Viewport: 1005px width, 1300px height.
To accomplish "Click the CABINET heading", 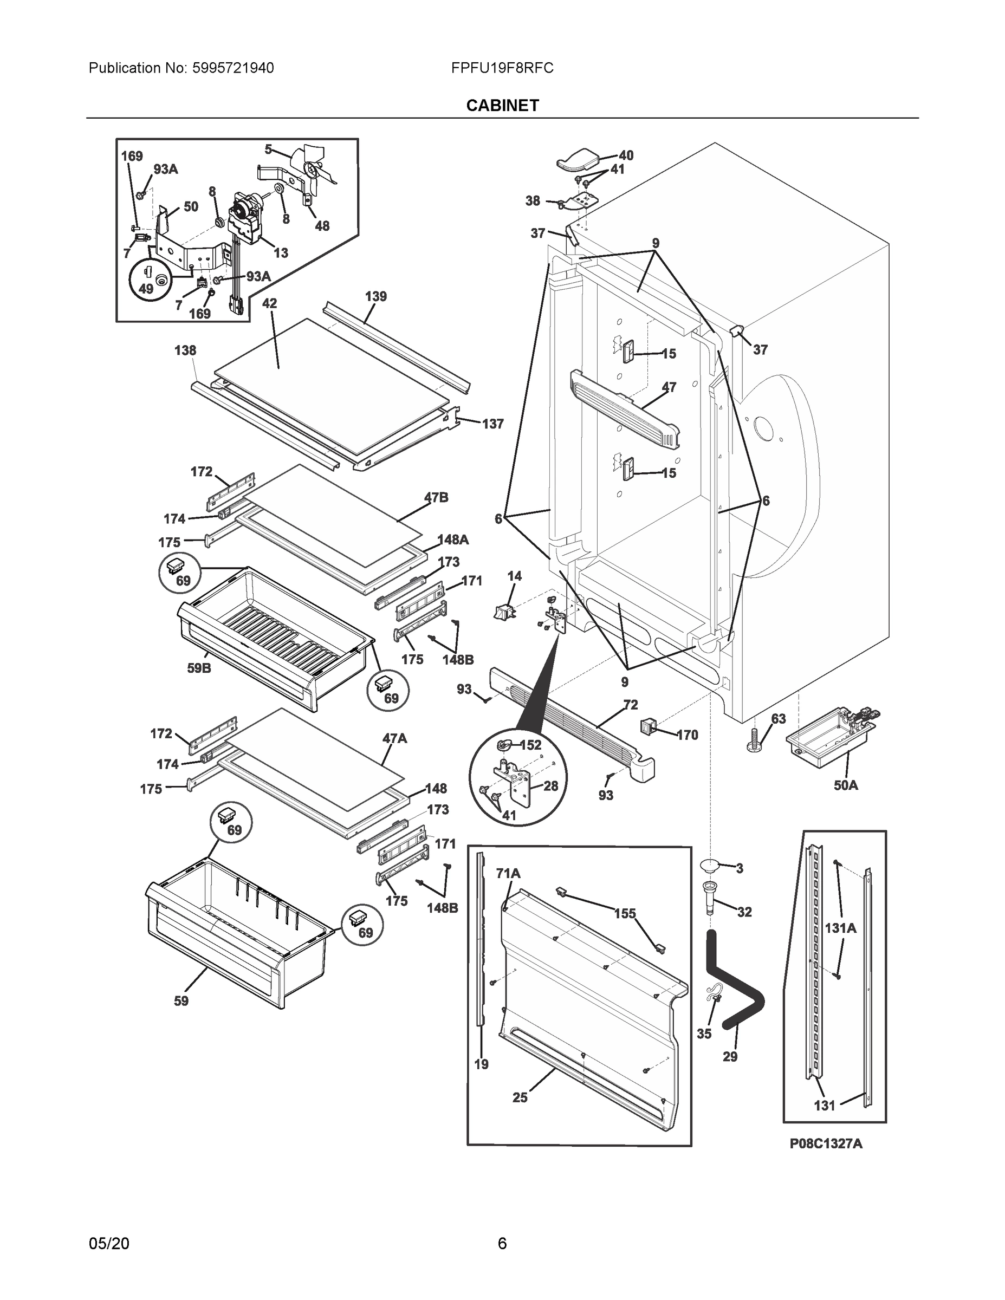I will (x=503, y=106).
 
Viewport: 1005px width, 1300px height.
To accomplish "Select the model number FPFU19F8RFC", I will (x=502, y=68).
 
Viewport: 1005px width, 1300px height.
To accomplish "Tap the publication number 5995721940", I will (x=233, y=68).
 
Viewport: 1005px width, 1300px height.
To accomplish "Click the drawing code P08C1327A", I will (x=825, y=1143).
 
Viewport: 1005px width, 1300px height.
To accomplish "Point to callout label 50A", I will (x=845, y=785).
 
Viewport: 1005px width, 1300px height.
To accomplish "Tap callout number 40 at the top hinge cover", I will (x=626, y=155).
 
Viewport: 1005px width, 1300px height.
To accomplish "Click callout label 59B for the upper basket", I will (x=199, y=668).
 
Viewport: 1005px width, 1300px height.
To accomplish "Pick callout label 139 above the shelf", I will (x=375, y=296).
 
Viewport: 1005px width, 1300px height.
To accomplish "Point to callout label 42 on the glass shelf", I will (x=269, y=303).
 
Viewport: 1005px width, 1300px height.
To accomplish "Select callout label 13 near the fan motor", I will (x=281, y=252).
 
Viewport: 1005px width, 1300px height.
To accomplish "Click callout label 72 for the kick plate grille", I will (x=631, y=705).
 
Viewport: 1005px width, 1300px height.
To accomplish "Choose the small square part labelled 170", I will (x=649, y=726).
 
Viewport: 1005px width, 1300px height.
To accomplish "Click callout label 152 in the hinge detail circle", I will (x=530, y=745).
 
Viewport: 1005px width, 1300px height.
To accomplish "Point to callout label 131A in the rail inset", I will (x=840, y=945).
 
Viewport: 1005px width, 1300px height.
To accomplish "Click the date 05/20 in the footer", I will (x=108, y=1244).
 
